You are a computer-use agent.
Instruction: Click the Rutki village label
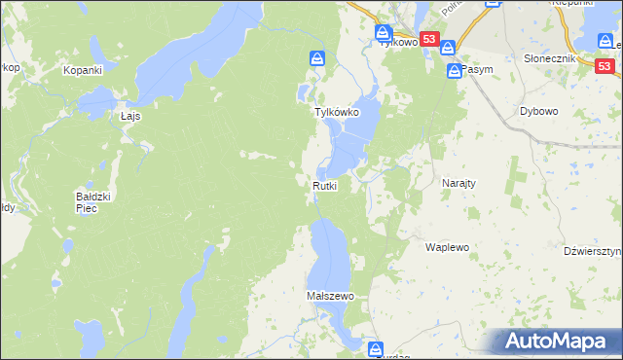pyautogui.click(x=325, y=186)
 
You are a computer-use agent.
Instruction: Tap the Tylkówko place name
pyautogui.click(x=337, y=113)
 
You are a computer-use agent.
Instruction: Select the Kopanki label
pyautogui.click(x=83, y=70)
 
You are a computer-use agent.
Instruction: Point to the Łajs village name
pyautogui.click(x=131, y=116)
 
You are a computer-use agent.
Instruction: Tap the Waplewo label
pyautogui.click(x=448, y=247)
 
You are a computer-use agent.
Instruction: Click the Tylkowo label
pyautogui.click(x=398, y=43)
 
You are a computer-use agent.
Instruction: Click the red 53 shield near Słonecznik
pyautogui.click(x=605, y=66)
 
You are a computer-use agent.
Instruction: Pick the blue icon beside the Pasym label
pyautogui.click(x=455, y=72)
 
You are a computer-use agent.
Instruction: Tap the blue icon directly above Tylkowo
pyautogui.click(x=384, y=32)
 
